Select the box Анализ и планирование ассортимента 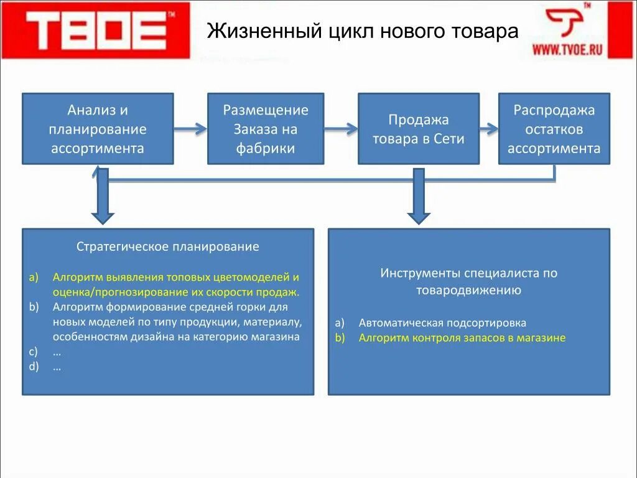[x=98, y=129]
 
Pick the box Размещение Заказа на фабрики [x=266, y=129]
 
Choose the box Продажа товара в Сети [x=418, y=129]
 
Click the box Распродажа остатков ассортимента [x=554, y=129]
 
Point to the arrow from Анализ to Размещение [x=190, y=129]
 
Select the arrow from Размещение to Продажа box [x=341, y=129]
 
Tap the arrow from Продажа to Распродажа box [x=489, y=129]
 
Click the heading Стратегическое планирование [x=168, y=246]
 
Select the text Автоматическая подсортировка [x=442, y=323]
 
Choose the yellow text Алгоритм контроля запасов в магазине [x=462, y=338]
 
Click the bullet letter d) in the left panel [x=34, y=366]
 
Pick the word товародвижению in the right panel [x=468, y=290]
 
